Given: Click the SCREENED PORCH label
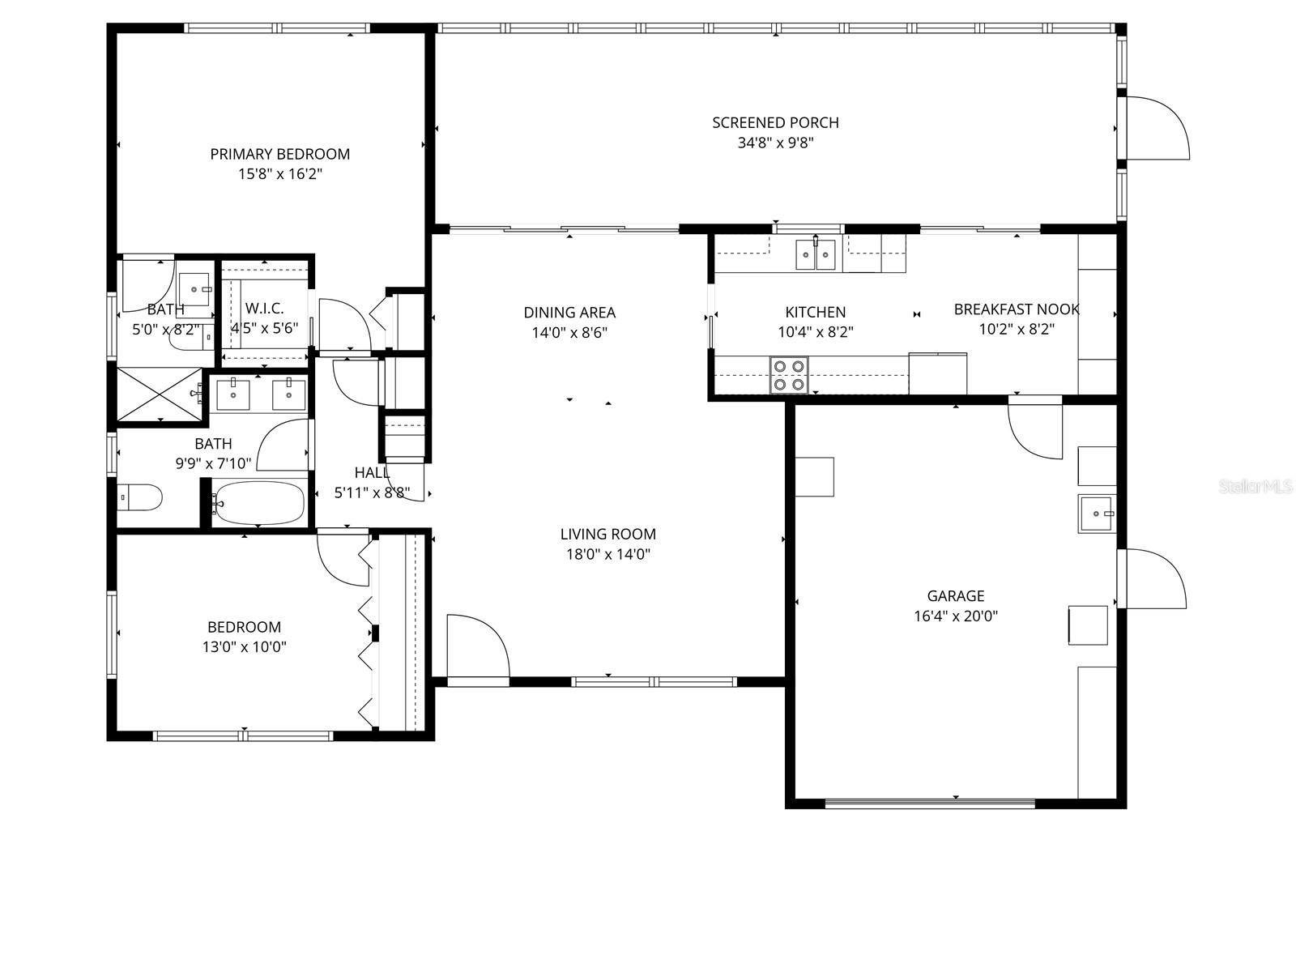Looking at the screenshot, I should click(x=775, y=123).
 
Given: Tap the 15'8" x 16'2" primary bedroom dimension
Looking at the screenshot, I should click(x=281, y=174).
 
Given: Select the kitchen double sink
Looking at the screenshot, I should click(x=815, y=255).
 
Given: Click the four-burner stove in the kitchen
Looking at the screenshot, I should click(x=788, y=375).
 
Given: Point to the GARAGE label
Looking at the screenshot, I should click(x=956, y=596).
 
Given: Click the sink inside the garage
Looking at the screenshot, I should click(x=1097, y=514).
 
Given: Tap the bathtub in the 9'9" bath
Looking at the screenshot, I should click(x=260, y=504).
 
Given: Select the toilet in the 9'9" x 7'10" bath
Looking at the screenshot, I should click(x=139, y=497).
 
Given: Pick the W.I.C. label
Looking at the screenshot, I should click(x=264, y=309).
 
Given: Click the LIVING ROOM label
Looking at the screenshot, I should click(x=607, y=535).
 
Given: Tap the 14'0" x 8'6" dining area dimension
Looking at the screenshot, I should click(x=569, y=333).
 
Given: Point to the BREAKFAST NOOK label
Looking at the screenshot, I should click(x=1016, y=309).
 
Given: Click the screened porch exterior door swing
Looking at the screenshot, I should click(x=1157, y=127).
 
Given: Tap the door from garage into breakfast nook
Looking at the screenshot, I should click(x=1035, y=429).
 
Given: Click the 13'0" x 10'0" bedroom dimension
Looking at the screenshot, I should click(x=244, y=648).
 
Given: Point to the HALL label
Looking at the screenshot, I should click(x=372, y=473).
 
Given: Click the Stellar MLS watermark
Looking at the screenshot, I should click(x=1255, y=487).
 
